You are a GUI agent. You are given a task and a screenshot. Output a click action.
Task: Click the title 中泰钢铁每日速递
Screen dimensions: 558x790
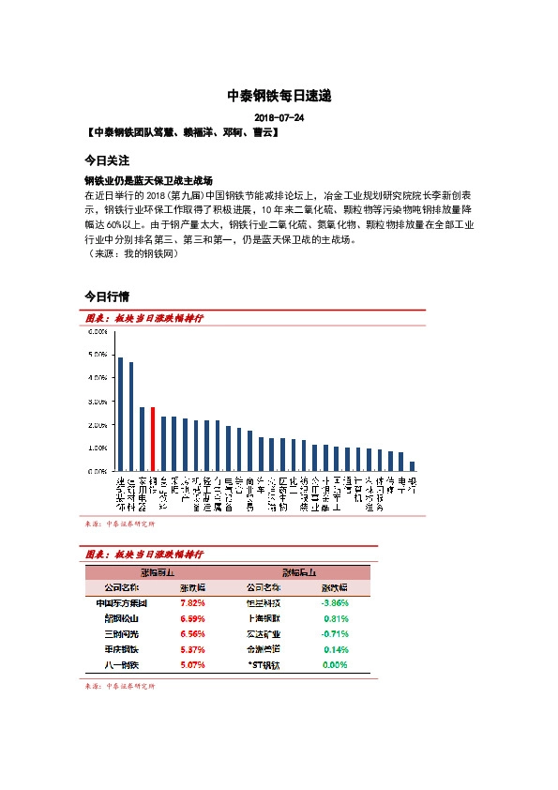point(279,96)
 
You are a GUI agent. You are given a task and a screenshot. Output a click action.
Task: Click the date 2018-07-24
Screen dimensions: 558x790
point(279,117)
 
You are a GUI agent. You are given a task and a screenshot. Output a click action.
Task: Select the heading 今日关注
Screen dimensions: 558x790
point(106,160)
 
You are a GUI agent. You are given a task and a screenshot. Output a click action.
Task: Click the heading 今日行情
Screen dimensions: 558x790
point(106,297)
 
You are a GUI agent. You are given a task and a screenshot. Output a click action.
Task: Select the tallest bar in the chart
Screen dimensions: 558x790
point(120,414)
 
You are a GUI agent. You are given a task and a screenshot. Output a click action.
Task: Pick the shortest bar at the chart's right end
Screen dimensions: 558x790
point(412,466)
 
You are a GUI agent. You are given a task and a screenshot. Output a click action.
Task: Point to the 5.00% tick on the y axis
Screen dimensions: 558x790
point(97,355)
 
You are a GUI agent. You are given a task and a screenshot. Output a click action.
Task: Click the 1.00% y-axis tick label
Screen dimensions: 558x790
point(97,448)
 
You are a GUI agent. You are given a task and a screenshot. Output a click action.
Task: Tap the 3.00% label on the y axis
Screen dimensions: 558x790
point(97,402)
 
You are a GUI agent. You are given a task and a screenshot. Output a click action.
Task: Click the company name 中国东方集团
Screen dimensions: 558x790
point(122,603)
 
